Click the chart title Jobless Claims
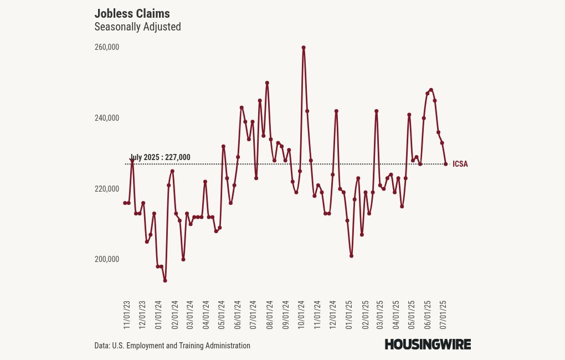coord(132,13)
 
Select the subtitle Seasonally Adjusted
coord(137,27)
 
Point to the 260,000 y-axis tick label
coord(107,48)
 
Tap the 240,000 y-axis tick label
coord(107,118)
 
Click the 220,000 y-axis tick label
coord(107,189)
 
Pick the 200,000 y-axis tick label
coord(107,259)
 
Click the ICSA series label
coord(460,164)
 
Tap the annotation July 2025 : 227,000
coord(160,157)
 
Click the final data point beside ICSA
coord(446,164)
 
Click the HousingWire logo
coord(428,344)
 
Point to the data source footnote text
coord(172,346)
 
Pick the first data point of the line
coord(125,203)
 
